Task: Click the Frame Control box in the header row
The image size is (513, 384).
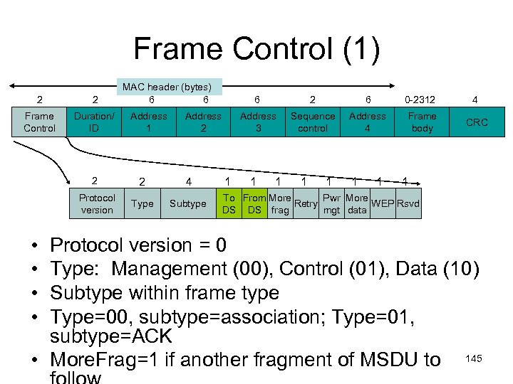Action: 39,122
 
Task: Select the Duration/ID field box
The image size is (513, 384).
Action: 94,122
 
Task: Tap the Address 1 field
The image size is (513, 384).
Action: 149,122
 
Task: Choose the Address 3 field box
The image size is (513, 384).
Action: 258,122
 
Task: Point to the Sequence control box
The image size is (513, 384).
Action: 313,122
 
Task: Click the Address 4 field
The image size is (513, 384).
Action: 368,122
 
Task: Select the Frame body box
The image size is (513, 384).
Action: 422,122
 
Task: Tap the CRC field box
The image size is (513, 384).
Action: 477,122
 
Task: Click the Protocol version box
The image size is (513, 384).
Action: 97,203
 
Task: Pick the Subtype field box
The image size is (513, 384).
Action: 188,203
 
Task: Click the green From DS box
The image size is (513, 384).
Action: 254,203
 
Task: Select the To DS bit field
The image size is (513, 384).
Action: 229,203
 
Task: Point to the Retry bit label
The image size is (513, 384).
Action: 306,203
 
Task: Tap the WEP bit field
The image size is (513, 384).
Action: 383,203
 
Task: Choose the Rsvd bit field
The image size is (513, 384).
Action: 408,203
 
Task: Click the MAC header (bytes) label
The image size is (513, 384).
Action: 172,87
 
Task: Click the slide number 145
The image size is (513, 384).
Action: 474,358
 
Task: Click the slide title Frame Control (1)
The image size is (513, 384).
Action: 256,50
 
